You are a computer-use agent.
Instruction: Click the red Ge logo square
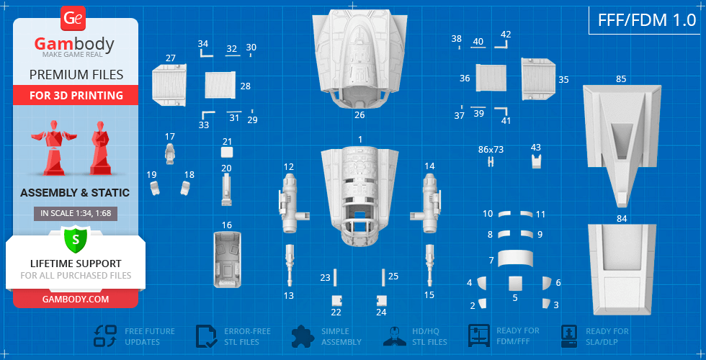(72, 19)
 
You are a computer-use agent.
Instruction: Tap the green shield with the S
(76, 240)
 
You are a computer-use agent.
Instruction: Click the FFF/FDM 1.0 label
(647, 20)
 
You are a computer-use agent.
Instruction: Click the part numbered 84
(622, 269)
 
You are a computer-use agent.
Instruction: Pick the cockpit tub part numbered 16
(227, 260)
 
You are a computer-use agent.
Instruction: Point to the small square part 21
(227, 152)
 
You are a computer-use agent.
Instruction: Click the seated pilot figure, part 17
(170, 154)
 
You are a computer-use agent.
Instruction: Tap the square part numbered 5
(515, 284)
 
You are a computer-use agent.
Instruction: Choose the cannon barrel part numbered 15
(429, 266)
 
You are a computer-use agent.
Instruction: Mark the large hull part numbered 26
(359, 59)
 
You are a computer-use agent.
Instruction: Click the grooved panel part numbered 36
(491, 78)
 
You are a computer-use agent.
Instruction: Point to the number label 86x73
(491, 150)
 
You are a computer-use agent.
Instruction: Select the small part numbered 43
(536, 161)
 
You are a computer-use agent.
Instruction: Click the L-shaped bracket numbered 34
(205, 54)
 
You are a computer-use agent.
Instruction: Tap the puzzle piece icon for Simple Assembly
(303, 336)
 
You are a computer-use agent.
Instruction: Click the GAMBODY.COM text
(75, 299)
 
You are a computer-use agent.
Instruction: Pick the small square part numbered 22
(336, 300)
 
